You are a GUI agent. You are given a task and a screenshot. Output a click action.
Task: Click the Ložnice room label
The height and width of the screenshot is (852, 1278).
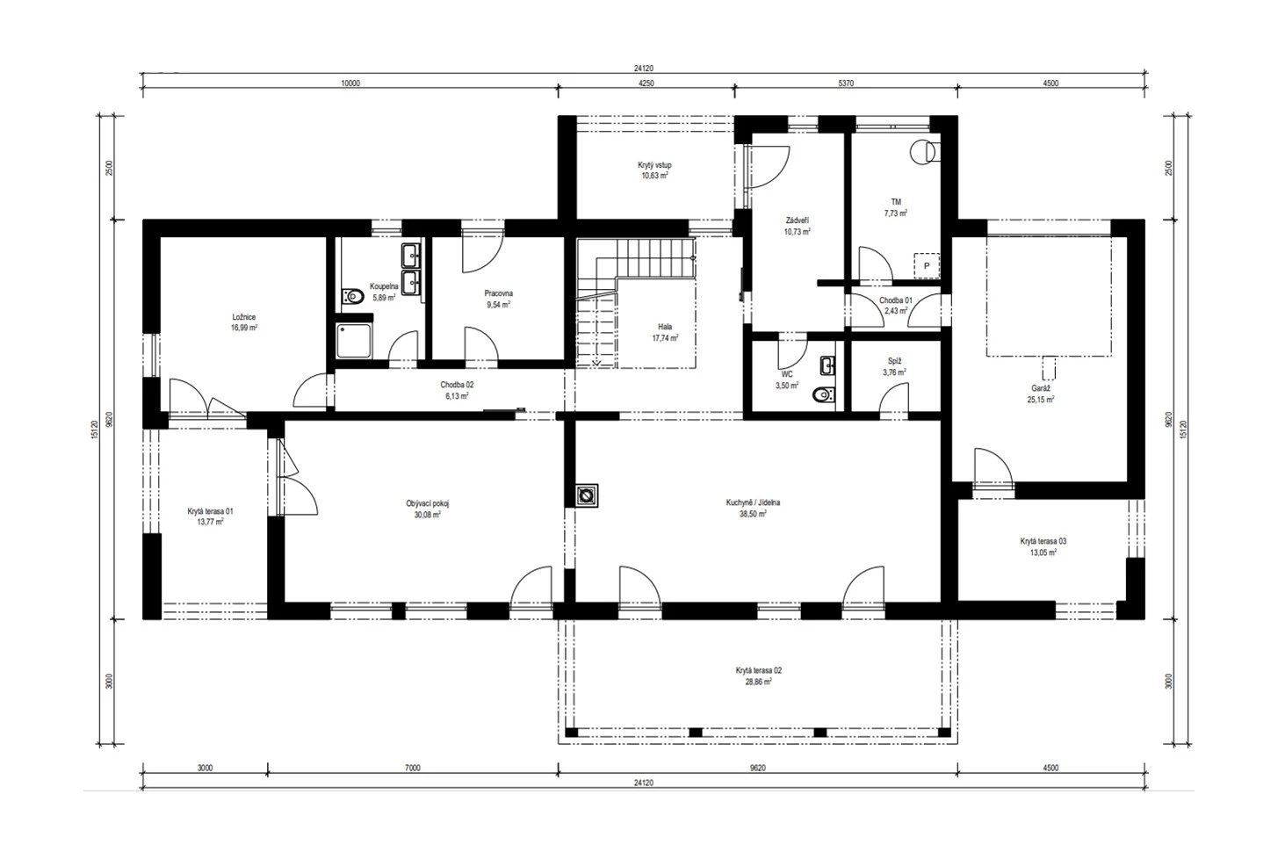243,317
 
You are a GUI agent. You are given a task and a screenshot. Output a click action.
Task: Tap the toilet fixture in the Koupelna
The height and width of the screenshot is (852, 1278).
352,297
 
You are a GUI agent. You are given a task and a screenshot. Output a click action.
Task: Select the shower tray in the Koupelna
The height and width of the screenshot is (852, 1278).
354,341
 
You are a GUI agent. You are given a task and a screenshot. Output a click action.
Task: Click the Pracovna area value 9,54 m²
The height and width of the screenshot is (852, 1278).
498,305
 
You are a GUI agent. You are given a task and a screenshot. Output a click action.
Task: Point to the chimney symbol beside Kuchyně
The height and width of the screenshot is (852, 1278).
586,495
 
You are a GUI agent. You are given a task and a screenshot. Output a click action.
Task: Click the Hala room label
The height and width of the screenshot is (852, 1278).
665,327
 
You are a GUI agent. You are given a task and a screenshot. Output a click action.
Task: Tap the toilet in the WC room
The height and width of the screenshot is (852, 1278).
825,394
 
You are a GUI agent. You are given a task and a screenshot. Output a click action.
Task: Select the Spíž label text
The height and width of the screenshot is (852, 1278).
894,361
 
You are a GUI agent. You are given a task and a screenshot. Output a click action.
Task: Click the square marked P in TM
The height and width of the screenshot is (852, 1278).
927,266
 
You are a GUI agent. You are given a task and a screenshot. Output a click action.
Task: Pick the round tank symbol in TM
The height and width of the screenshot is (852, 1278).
921,152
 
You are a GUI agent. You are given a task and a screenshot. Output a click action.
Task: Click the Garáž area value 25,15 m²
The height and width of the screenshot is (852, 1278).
1041,400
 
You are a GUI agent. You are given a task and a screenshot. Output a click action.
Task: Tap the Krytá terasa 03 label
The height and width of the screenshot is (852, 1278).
1043,541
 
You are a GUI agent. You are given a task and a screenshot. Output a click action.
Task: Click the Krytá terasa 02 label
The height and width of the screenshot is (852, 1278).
758,670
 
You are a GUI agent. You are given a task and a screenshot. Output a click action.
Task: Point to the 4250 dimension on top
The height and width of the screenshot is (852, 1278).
646,83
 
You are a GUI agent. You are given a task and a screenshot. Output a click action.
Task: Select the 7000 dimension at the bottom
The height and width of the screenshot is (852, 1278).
413,768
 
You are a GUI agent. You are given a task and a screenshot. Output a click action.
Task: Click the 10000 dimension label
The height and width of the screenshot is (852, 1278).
350,83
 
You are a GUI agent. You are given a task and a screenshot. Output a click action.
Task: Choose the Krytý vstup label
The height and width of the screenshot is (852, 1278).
654,165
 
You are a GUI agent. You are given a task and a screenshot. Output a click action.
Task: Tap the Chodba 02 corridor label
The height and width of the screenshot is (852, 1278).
457,385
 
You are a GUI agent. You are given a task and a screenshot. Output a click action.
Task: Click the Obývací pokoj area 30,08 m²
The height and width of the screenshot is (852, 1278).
428,515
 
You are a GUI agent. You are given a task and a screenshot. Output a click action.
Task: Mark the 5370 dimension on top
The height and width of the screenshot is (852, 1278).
846,83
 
